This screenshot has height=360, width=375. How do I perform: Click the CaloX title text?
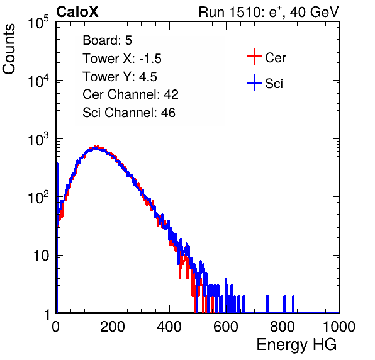click(77, 12)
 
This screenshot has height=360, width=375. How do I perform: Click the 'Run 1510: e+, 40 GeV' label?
click(269, 12)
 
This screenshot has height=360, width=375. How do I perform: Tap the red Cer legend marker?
click(254, 57)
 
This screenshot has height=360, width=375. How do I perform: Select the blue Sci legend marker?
click(254, 82)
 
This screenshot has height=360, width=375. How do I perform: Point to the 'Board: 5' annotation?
click(107, 40)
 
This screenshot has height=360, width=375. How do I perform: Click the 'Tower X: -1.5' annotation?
click(122, 59)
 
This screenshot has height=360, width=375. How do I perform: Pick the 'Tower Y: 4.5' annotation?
click(120, 77)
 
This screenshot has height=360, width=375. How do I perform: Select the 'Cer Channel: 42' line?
click(130, 94)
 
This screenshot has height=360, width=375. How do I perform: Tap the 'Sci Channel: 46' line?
click(129, 113)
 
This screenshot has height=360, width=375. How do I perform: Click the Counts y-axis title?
click(9, 49)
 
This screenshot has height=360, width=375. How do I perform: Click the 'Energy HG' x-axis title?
click(296, 345)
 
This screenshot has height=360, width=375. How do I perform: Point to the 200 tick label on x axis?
click(113, 327)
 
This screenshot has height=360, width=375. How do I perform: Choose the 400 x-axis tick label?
click(169, 327)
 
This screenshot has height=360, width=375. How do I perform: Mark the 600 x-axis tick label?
click(226, 327)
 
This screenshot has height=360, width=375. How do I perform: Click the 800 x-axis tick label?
click(283, 327)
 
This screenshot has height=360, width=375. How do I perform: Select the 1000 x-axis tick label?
click(339, 327)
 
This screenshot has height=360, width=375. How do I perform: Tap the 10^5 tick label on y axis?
click(38, 22)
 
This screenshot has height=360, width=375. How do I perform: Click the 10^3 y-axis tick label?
click(38, 138)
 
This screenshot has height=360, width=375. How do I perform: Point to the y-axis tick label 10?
click(41, 256)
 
